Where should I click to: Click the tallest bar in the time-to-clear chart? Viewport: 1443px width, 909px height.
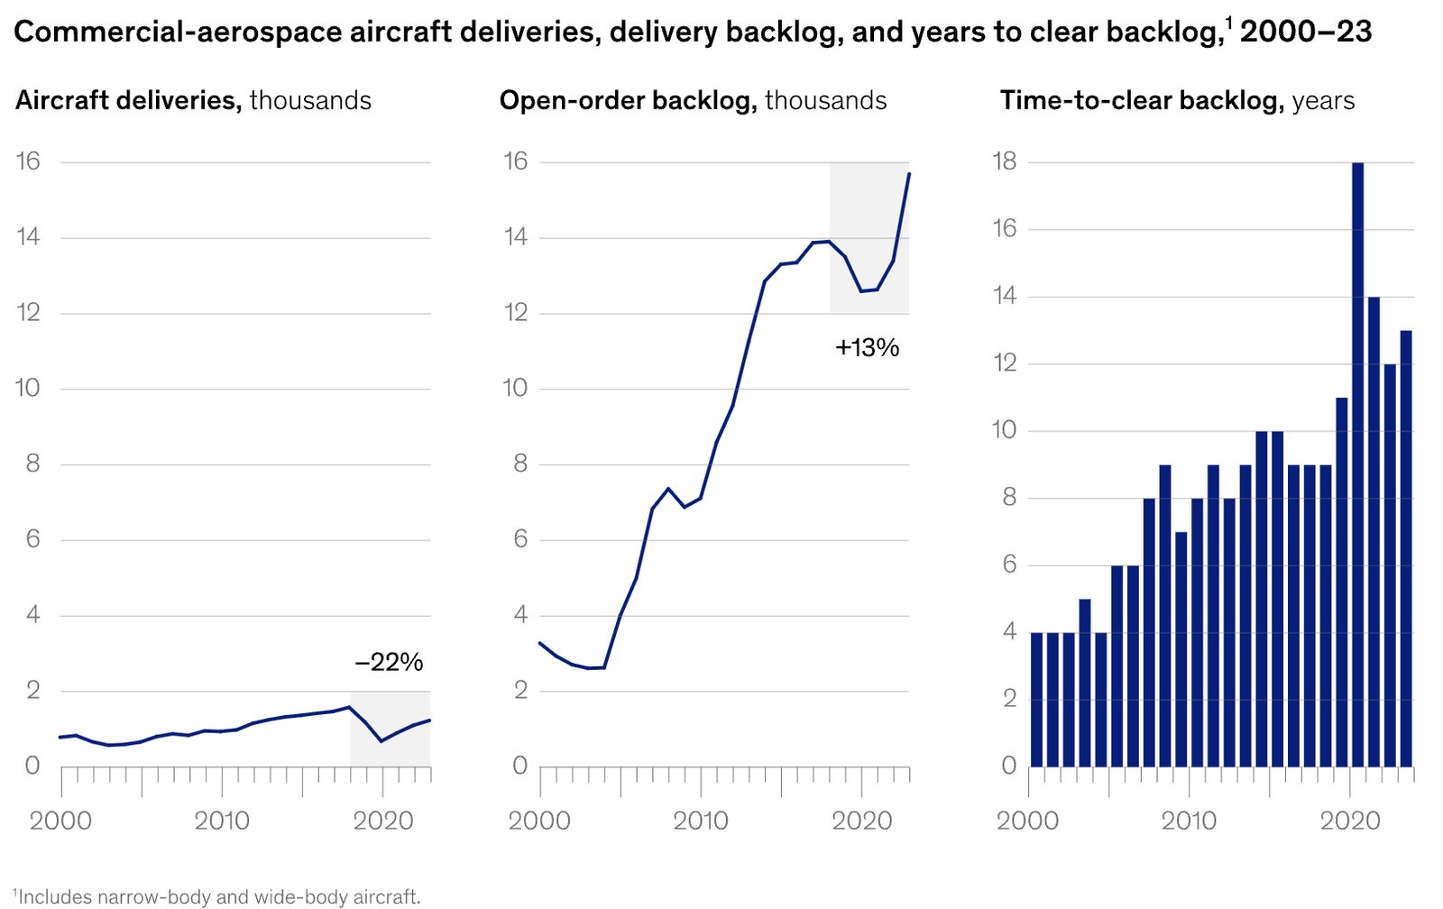pos(1357,464)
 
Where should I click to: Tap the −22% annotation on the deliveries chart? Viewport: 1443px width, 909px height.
pos(389,663)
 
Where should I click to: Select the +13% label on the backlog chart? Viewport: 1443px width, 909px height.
pos(867,348)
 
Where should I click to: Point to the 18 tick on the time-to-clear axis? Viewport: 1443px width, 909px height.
pos(1004,161)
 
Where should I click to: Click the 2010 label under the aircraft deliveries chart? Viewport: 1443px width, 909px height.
pos(222,821)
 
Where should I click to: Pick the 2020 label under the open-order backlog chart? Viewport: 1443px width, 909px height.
pos(861,821)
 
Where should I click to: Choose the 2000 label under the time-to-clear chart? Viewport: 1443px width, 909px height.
pos(1027,821)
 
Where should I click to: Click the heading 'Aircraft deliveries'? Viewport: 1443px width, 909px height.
pos(128,100)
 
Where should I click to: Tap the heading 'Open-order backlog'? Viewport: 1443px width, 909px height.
pos(628,100)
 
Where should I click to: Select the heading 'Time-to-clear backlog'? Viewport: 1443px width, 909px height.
pos(1142,100)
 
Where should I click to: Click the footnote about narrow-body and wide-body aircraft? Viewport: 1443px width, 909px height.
pos(217,896)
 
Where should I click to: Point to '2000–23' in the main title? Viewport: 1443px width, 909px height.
pos(1306,32)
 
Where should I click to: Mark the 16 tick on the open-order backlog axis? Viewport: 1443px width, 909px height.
pos(515,161)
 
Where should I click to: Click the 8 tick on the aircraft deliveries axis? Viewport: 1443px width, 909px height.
pos(33,464)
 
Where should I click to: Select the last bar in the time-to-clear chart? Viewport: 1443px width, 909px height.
pos(1406,548)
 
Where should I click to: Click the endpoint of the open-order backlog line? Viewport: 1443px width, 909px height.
pos(909,173)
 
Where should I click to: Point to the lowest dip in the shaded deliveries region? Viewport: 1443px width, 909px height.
pos(381,741)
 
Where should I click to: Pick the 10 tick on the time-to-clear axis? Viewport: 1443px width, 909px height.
pos(1004,430)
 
